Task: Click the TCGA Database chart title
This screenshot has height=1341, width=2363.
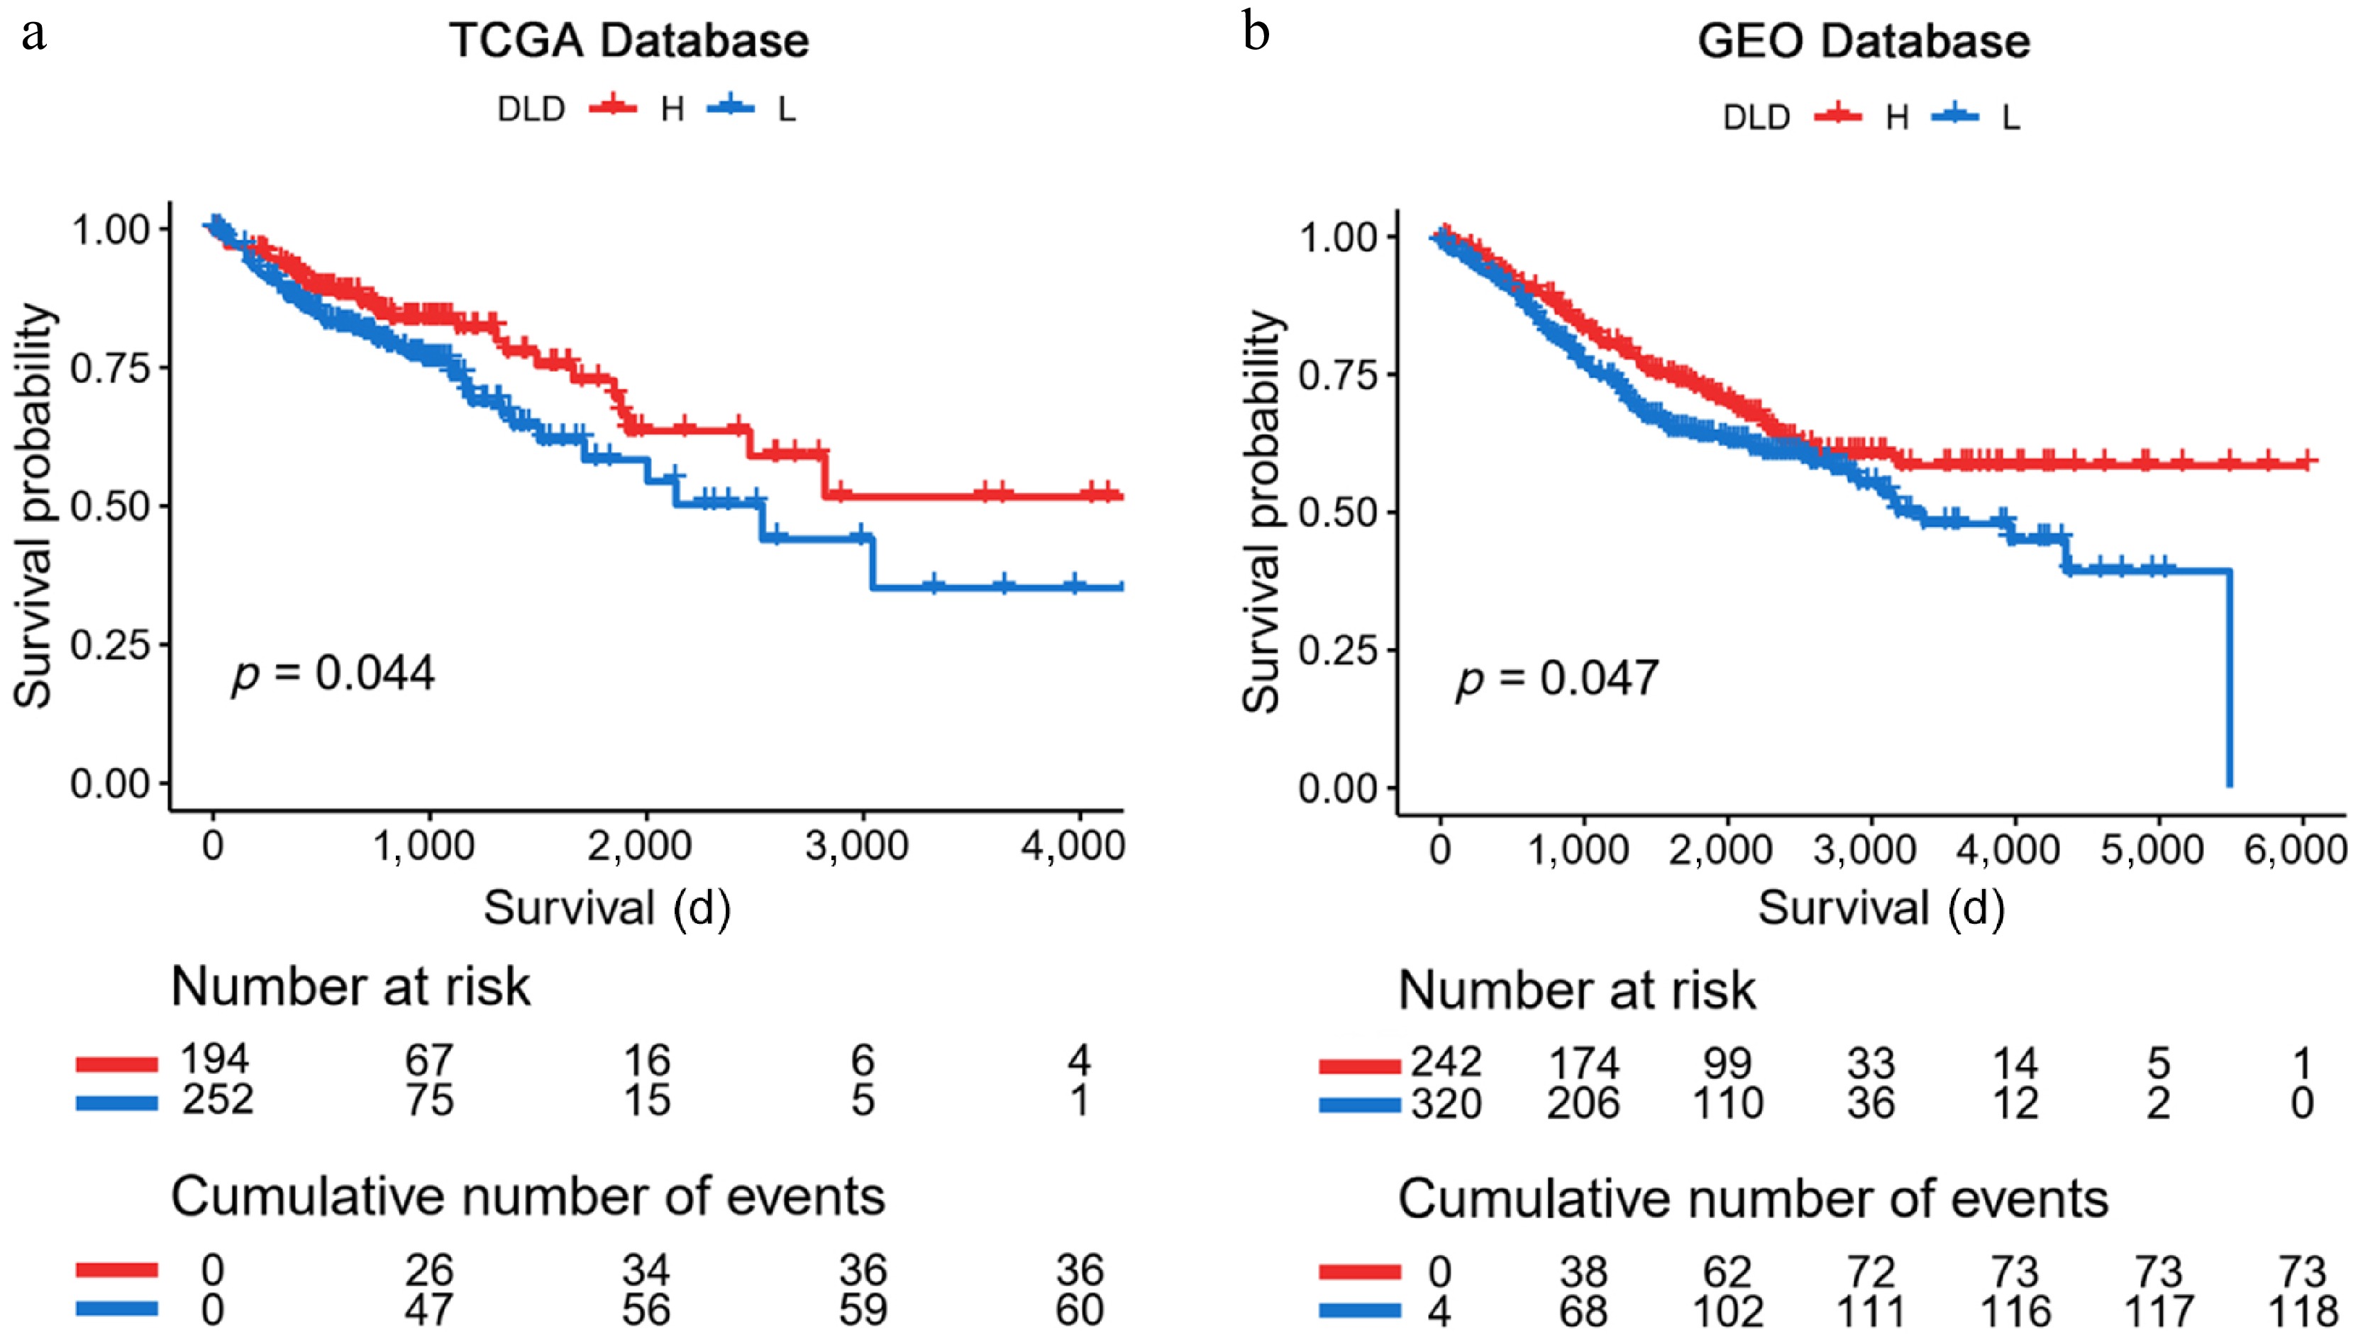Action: tap(629, 41)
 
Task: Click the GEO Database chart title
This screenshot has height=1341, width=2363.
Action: tap(1863, 41)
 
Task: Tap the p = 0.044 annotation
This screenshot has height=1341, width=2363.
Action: tap(333, 673)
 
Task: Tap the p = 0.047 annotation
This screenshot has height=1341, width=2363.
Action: tap(1557, 679)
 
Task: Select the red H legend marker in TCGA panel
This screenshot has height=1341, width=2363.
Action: tap(612, 108)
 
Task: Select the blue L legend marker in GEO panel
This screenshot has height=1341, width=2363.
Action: tap(1954, 116)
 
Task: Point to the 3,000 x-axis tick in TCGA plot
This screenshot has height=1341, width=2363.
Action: tap(858, 844)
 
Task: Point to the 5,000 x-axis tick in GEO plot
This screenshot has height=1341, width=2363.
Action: tap(2152, 849)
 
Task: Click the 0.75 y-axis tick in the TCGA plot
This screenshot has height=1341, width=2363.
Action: tap(109, 368)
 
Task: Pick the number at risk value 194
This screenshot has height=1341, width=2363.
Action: tap(214, 1059)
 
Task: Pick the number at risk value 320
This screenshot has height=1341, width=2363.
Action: tap(1446, 1103)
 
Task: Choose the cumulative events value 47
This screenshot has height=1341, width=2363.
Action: tap(429, 1310)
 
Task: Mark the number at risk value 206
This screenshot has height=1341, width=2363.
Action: tap(1583, 1103)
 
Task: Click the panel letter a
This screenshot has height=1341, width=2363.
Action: tap(33, 35)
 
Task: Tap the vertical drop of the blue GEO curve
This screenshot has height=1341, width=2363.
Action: tap(2230, 682)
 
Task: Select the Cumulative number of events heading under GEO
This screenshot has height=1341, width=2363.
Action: tap(1754, 1198)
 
